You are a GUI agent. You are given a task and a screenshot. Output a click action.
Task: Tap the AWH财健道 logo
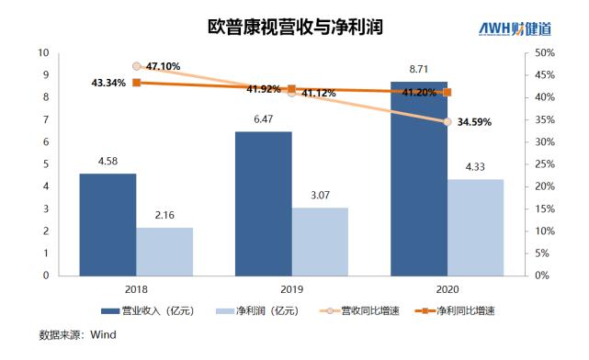pyautogui.click(x=525, y=28)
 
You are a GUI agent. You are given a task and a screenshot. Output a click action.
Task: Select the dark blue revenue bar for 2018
pyautogui.click(x=108, y=224)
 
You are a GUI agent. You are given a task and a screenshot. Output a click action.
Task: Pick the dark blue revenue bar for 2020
pyautogui.click(x=418, y=178)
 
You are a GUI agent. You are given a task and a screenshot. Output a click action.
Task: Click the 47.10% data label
pyautogui.click(x=163, y=66)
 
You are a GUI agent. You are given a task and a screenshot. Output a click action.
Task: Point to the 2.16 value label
pyautogui.click(x=164, y=216)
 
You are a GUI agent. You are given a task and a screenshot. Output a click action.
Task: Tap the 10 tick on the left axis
pyautogui.click(x=42, y=53)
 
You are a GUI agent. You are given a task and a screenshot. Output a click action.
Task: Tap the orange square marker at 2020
pyautogui.click(x=447, y=92)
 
